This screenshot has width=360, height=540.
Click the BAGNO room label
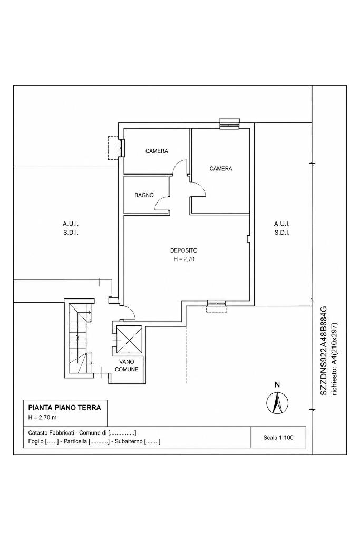(x=144, y=195)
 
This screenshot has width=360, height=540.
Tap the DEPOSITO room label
(x=184, y=250)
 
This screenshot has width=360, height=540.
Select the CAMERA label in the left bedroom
(x=157, y=151)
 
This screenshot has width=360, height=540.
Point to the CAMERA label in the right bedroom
(x=221, y=168)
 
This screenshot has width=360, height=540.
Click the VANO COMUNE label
(x=127, y=365)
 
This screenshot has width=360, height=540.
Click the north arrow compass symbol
(x=277, y=402)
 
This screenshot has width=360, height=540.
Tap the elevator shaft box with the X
(x=130, y=339)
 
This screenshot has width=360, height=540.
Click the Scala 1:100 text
(x=278, y=437)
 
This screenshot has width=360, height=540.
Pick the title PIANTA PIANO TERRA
(x=65, y=408)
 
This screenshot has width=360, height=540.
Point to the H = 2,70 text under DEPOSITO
(x=184, y=259)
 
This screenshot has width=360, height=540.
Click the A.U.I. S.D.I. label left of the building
(x=71, y=228)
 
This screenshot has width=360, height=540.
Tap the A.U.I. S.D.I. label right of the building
(x=282, y=228)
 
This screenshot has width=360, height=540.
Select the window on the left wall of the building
(x=121, y=148)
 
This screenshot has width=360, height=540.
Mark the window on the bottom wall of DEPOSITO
(x=217, y=303)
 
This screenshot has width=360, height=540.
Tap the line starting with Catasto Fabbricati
(x=82, y=432)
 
